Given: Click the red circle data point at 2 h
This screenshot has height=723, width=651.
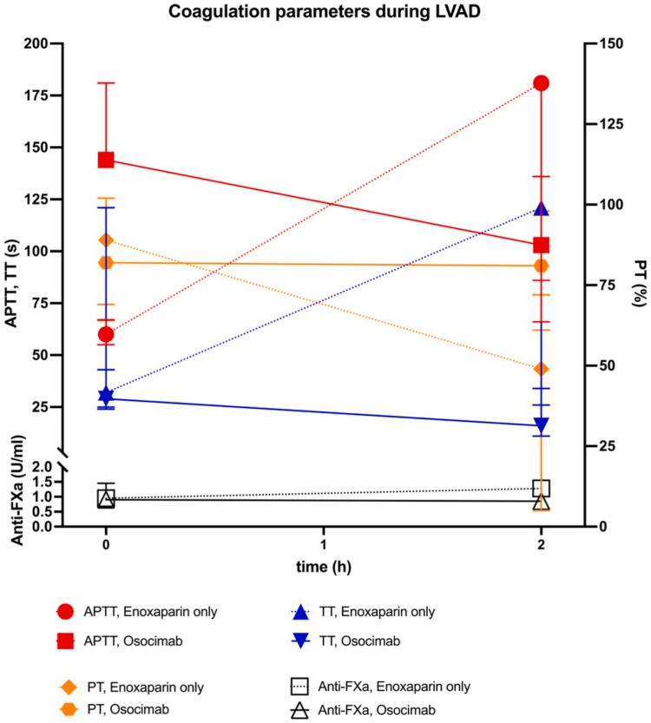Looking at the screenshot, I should pyautogui.click(x=542, y=82).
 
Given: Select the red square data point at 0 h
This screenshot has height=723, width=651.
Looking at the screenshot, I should pyautogui.click(x=106, y=160).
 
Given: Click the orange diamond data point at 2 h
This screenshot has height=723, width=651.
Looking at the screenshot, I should pyautogui.click(x=542, y=369).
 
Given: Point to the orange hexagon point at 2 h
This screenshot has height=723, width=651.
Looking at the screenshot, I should pyautogui.click(x=542, y=266).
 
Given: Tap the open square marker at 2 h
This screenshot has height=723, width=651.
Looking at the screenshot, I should pyautogui.click(x=542, y=488).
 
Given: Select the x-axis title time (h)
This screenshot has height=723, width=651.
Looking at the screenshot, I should pyautogui.click(x=324, y=567).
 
